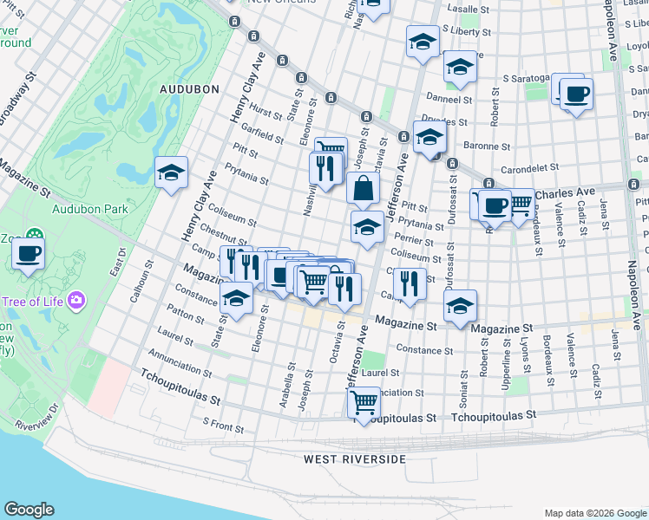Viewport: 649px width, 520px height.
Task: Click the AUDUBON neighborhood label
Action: (x=183, y=88)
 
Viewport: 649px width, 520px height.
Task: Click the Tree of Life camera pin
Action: (x=77, y=301)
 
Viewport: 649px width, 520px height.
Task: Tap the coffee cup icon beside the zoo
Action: (x=29, y=254)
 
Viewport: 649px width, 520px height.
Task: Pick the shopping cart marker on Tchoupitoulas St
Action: (x=364, y=402)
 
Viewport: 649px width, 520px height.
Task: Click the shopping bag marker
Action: (x=363, y=188)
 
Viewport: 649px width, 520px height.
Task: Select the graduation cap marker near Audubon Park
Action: (x=172, y=172)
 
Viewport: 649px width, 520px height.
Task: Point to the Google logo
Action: (x=29, y=510)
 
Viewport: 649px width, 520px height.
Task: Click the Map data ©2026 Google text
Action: (x=594, y=513)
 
